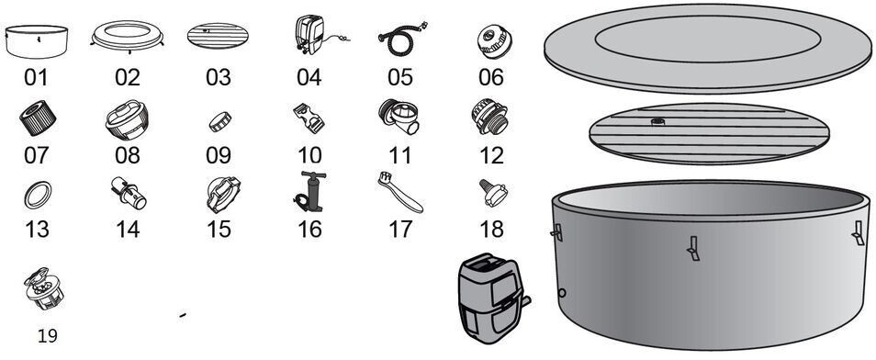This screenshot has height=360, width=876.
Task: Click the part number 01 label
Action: point(37,77)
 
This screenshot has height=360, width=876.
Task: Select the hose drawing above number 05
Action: point(400,40)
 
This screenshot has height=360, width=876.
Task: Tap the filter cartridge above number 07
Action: point(38,118)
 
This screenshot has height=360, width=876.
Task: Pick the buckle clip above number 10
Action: point(309,118)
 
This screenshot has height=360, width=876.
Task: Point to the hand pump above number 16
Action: point(310,192)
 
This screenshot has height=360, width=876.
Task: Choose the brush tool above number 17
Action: point(400,193)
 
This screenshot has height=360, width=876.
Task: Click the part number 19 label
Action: point(48,336)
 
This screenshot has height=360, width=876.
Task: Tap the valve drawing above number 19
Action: point(43,288)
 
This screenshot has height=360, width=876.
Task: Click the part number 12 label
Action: point(491,155)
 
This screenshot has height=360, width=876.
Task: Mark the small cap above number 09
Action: point(220,121)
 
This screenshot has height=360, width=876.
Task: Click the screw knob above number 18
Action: point(493,193)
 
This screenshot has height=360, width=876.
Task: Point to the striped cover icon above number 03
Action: point(218,36)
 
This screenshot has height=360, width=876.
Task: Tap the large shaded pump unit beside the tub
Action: point(491,299)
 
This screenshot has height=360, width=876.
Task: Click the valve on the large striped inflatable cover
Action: point(658,120)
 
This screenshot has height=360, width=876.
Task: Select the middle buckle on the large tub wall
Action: point(692,248)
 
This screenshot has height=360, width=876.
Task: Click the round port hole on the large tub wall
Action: point(562,292)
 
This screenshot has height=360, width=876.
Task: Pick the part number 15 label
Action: point(219,229)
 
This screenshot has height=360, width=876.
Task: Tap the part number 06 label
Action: point(491,77)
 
